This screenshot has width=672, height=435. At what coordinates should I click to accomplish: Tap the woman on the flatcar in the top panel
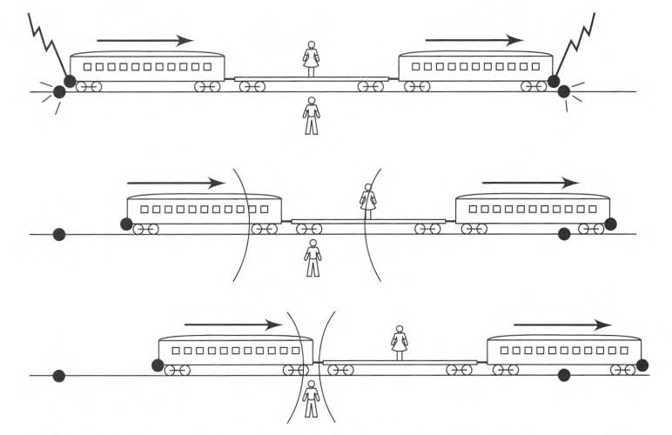point(311,58)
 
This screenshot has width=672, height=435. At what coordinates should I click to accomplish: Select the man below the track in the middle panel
point(313,258)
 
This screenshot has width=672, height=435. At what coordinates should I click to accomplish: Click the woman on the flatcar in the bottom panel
point(400,342)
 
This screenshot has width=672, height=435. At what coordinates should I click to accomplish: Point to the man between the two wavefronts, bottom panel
point(310,399)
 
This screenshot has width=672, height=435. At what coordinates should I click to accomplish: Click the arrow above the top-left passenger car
point(144,40)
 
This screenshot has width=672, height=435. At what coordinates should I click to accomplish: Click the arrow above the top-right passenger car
point(474,40)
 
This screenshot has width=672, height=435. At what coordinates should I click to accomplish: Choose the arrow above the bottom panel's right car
point(562,325)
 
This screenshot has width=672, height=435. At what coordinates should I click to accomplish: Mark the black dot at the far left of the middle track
point(59,234)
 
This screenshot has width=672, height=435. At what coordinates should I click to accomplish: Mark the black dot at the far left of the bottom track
point(59,376)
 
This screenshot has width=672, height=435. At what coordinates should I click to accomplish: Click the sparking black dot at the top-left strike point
point(59,91)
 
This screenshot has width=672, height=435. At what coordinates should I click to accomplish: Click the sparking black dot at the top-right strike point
point(563,91)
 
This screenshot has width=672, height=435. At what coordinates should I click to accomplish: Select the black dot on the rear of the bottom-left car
point(158,365)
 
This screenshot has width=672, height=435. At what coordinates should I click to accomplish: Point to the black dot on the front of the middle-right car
point(610,224)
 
